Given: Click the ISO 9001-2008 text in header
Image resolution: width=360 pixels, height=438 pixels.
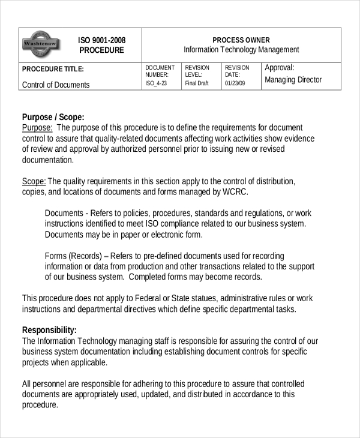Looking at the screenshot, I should coord(101,40).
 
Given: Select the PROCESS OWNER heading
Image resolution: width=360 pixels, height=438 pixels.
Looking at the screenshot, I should coord(241,40).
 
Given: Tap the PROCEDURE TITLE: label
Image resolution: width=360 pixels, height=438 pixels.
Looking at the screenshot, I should coord(53,69).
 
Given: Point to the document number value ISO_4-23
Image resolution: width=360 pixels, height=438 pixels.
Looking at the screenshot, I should coord(156,83).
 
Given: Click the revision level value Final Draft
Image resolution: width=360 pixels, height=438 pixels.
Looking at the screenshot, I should coord(197,83).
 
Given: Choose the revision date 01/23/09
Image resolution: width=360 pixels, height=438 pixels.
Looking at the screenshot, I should coord(235,83).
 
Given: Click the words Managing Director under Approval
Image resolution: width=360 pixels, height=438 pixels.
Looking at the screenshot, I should coord(293,80).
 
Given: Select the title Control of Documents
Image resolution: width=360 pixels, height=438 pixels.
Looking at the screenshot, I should coord(56,85).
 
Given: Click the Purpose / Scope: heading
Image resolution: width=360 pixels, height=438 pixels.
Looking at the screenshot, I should coord(53,117).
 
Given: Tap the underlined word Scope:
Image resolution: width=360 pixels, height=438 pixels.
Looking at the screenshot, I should coord(34,181).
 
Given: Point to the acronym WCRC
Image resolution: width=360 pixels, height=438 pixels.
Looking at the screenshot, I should coord(235,192).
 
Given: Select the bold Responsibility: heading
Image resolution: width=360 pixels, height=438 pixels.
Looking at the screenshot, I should coord(49,330).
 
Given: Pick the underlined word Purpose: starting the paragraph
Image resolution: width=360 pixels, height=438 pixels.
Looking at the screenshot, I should coord(37,128).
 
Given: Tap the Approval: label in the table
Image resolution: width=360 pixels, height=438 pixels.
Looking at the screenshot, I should coord(280,68).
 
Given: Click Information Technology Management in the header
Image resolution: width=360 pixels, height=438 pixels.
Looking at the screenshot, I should coord(241,50).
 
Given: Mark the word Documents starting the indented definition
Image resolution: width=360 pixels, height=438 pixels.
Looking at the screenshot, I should coord(64,213).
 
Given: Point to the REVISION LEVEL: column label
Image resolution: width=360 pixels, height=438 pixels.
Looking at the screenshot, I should coord(197,71).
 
